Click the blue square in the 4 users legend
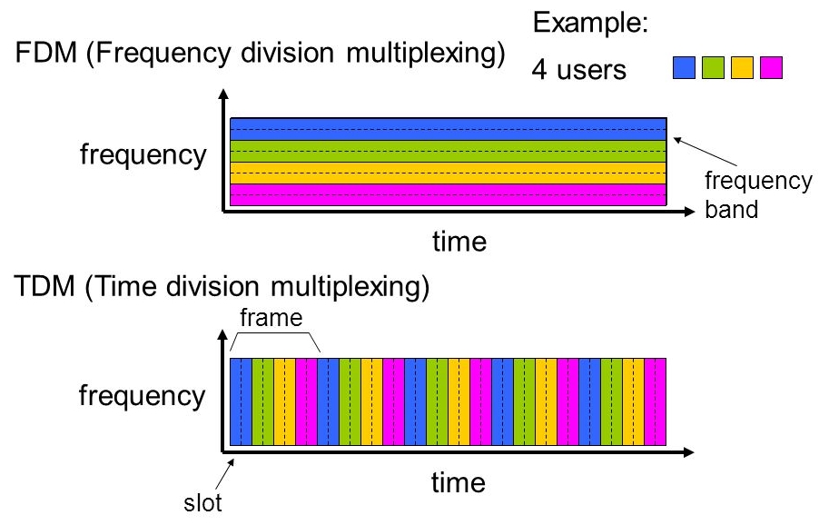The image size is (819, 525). [x=686, y=69]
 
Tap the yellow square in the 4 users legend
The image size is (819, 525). [x=742, y=69]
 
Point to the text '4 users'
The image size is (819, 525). [x=578, y=70]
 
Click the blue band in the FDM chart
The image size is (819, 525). [x=449, y=129]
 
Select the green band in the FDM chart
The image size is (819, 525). [x=449, y=151]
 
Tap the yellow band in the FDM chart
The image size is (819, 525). [x=449, y=173]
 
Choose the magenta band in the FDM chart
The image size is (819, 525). [x=449, y=194]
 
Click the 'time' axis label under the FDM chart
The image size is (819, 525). [x=459, y=242]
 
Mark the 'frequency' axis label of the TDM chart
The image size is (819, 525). [x=143, y=396]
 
